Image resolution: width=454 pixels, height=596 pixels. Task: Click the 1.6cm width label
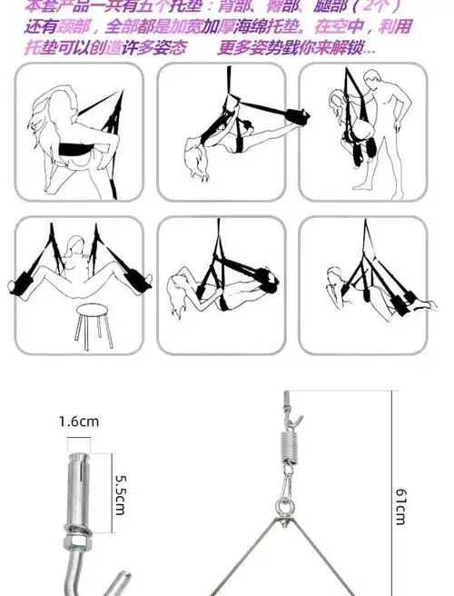tap(78, 421)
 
